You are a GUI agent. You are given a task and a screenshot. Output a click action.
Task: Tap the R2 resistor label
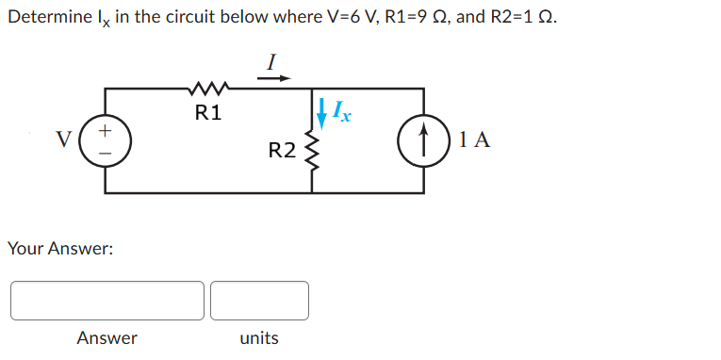tap(282, 150)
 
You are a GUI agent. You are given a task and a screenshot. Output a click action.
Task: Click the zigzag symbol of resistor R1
tap(207, 90)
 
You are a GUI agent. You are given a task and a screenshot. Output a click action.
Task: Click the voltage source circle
tap(105, 140)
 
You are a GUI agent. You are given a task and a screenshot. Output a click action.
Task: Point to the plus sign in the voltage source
tap(105, 128)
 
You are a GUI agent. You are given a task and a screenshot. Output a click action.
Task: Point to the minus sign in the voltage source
tap(105, 152)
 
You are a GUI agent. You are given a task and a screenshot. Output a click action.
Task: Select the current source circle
tap(422, 140)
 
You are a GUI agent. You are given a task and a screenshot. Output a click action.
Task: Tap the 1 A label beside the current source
tap(476, 140)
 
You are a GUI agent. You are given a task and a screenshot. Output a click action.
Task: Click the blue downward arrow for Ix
tap(323, 112)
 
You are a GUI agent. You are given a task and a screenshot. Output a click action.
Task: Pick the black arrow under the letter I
tap(270, 79)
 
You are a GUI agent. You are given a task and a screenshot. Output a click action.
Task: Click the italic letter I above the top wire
tap(270, 61)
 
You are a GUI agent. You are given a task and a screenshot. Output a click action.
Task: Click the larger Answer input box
tap(107, 300)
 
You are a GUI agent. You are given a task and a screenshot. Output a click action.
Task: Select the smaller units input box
tap(259, 300)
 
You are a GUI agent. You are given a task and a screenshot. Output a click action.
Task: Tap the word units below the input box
tap(259, 337)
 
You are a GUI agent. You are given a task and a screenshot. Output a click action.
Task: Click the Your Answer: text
tap(60, 249)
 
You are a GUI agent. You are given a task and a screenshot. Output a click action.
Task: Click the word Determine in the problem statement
tap(43, 20)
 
